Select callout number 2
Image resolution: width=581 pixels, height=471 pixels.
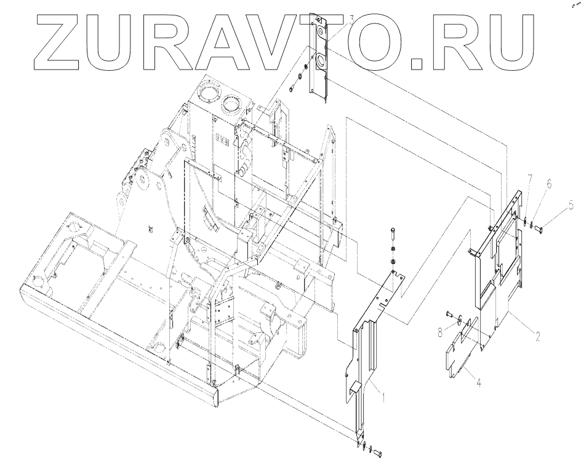point(537,336)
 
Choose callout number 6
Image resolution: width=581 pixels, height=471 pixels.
point(550,183)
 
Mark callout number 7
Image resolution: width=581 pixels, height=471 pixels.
point(530,179)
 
